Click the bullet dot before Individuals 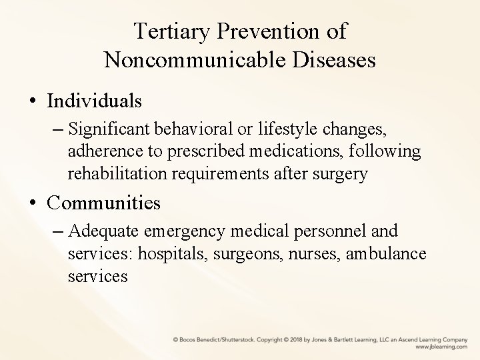tap(33, 102)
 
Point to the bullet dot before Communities tap(33, 202)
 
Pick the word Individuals tap(95, 101)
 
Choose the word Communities tap(105, 201)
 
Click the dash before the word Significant tap(59, 129)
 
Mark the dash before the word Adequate tap(59, 232)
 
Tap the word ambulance tap(387, 254)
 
